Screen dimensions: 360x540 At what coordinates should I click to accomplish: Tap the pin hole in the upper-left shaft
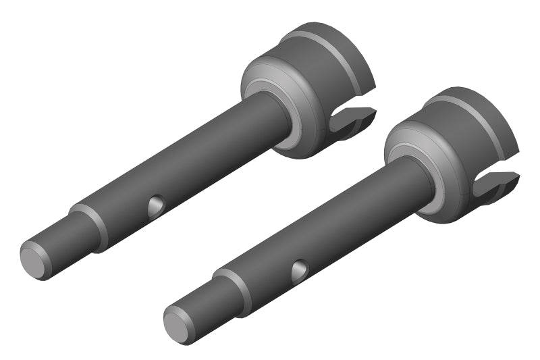point(157,204)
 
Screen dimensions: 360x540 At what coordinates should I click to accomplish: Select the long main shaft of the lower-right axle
point(337,223)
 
